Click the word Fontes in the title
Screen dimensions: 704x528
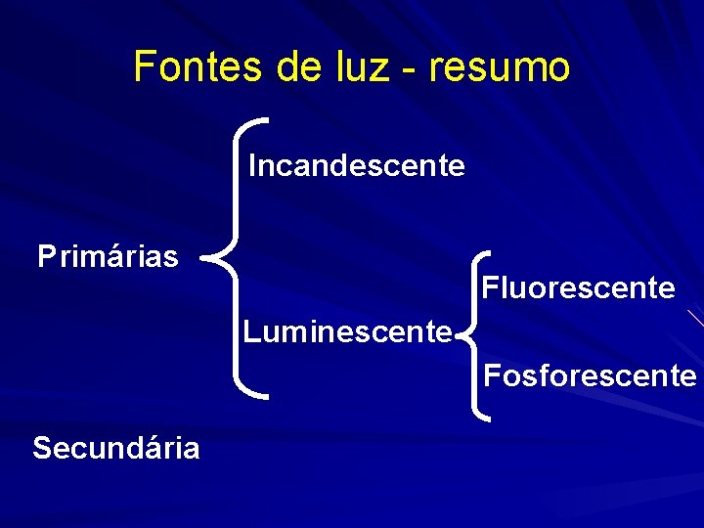click(184, 67)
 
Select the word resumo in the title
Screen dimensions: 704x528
click(500, 67)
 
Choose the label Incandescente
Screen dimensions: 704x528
click(356, 166)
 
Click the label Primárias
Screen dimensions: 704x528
click(109, 257)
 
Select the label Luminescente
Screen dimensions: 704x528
click(347, 332)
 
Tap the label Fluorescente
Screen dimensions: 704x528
click(578, 288)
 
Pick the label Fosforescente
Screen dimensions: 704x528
click(590, 375)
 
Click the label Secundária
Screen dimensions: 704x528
click(116, 448)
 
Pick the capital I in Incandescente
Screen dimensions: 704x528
click(253, 166)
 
